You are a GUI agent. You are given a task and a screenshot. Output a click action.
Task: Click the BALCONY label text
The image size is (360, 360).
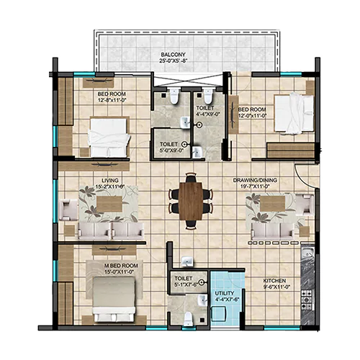[x=173, y=55]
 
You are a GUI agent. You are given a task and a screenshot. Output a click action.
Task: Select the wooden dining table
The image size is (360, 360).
[x=191, y=201]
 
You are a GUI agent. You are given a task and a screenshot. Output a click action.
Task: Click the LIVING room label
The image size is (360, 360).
[x=110, y=181]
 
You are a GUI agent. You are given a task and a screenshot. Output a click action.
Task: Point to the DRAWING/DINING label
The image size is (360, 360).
[x=255, y=180]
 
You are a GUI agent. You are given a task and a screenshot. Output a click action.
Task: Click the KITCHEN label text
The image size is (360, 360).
[x=274, y=281]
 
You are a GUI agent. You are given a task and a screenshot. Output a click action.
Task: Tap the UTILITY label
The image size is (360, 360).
[x=224, y=293]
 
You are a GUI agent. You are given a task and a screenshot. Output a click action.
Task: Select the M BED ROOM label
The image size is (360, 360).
[x=121, y=266]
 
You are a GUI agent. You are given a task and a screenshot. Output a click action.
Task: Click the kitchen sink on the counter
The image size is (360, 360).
[x=307, y=253]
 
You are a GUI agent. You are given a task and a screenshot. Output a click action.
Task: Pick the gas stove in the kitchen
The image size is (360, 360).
[x=307, y=300]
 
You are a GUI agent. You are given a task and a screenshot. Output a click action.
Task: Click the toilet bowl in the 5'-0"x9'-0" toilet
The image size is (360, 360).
[x=174, y=96]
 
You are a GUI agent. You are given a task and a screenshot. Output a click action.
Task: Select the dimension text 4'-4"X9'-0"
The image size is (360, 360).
[x=208, y=114]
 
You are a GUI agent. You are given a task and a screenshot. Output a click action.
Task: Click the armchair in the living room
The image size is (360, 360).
[x=68, y=210]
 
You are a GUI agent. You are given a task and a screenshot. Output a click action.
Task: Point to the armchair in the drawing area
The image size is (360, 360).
[x=305, y=205]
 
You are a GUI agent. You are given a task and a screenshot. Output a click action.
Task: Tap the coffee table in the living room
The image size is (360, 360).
[x=109, y=204]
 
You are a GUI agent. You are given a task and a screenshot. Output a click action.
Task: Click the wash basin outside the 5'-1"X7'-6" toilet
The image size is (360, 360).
[x=187, y=261]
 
